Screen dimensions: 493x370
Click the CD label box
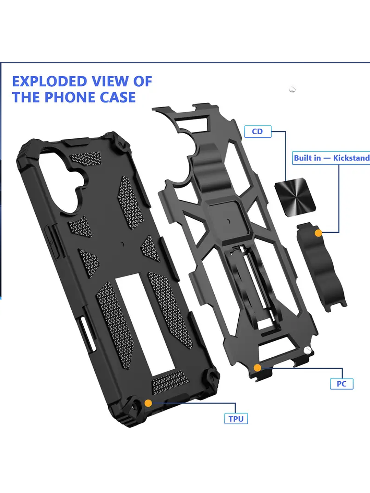(258, 132)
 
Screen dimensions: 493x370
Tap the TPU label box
(236, 419)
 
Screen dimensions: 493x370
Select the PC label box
(341, 384)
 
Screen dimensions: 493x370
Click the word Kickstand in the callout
(351, 158)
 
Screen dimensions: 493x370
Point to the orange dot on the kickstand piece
(318, 233)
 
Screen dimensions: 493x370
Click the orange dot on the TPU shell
(148, 403)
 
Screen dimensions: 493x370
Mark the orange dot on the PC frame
(257, 368)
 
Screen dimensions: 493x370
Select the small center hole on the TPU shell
(122, 245)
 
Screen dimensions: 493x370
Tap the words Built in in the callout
(307, 158)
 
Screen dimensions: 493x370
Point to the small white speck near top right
(293, 89)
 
